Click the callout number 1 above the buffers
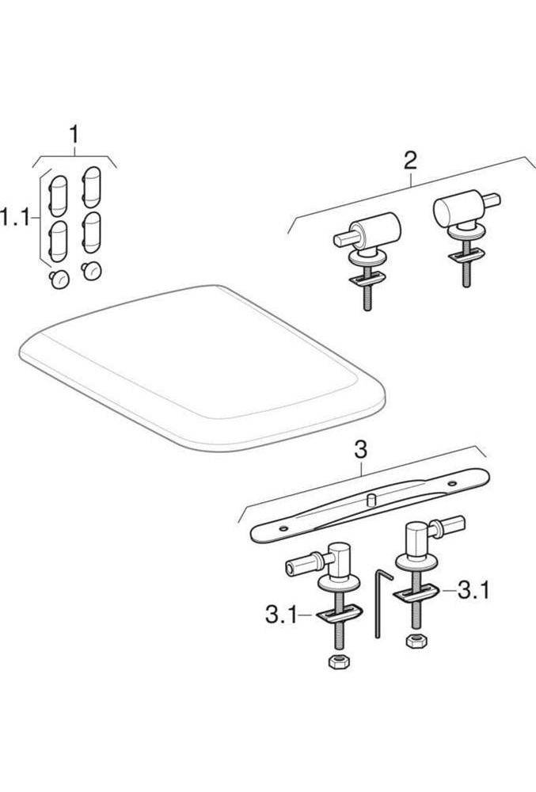tap(74, 135)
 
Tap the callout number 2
tap(410, 161)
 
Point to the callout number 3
tap(360, 450)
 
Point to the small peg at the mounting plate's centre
tap(370, 499)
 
